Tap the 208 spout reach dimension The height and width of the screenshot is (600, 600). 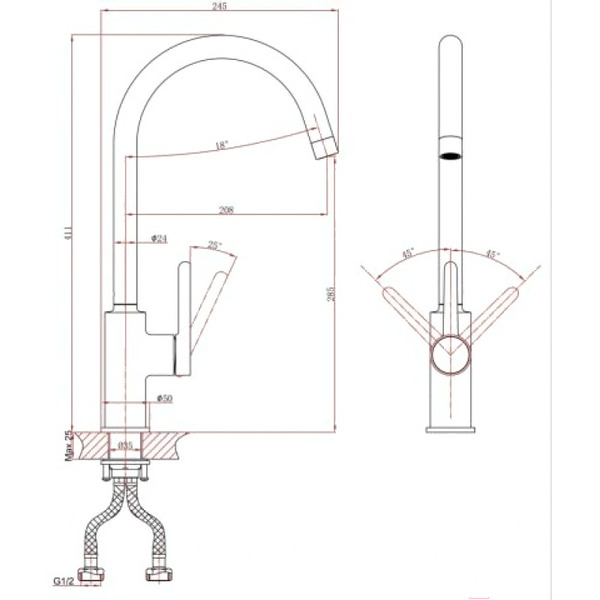(227, 211)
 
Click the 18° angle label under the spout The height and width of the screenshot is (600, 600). (222, 146)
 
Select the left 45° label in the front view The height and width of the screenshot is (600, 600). (408, 254)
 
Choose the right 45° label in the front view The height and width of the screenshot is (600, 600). (492, 254)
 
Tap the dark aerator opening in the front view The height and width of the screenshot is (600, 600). (451, 156)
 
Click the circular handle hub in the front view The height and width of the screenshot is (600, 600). (451, 352)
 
